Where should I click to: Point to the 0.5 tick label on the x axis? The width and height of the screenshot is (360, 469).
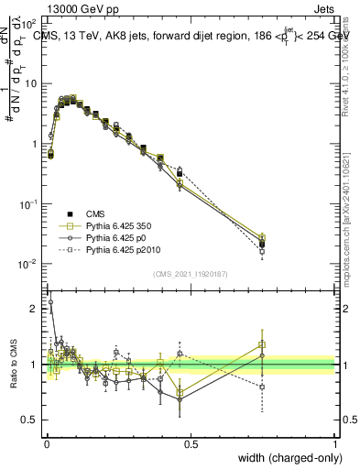point(191,444)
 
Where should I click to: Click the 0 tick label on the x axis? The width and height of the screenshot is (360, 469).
point(46,444)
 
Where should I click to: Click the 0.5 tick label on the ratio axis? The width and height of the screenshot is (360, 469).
point(29,420)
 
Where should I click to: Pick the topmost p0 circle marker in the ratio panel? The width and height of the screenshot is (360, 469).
point(50,301)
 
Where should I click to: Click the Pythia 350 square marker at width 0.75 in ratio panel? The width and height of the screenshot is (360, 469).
point(262,345)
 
